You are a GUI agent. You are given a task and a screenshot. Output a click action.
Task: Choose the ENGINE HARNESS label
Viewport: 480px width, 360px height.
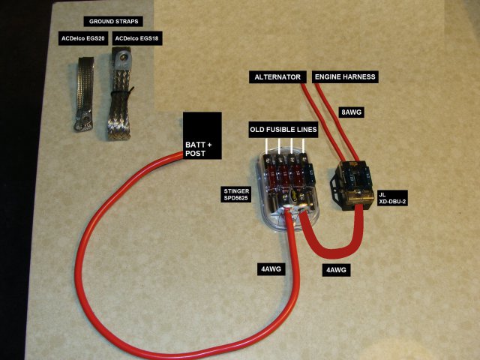click(345, 76)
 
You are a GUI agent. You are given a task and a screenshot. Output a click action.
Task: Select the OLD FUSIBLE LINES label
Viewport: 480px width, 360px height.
click(283, 130)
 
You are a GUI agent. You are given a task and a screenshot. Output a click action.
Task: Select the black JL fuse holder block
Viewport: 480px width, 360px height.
click(352, 184)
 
